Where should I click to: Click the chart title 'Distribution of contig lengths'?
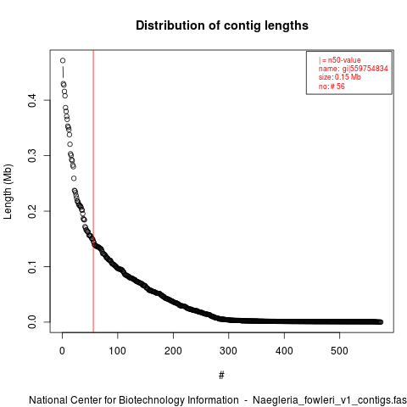tap(222, 25)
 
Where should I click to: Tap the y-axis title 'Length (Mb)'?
tap(8, 192)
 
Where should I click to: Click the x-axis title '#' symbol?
tap(221, 376)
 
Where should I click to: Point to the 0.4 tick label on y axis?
tap(32, 100)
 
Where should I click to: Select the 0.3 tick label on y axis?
tap(32, 156)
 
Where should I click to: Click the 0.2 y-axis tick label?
tap(32, 211)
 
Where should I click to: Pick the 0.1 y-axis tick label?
tap(32, 266)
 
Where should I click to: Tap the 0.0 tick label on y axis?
tap(32, 322)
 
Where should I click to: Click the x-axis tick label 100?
tap(117, 351)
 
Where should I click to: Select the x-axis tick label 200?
tap(173, 351)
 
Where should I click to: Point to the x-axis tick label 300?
tap(228, 351)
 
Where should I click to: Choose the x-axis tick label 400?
tap(284, 351)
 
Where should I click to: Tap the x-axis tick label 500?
tap(339, 351)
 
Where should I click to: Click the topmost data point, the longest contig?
tap(63, 60)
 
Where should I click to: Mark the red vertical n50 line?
tap(93, 191)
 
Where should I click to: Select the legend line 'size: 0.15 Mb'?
tap(340, 77)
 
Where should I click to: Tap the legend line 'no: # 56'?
tap(332, 86)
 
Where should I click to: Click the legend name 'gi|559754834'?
tap(365, 69)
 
